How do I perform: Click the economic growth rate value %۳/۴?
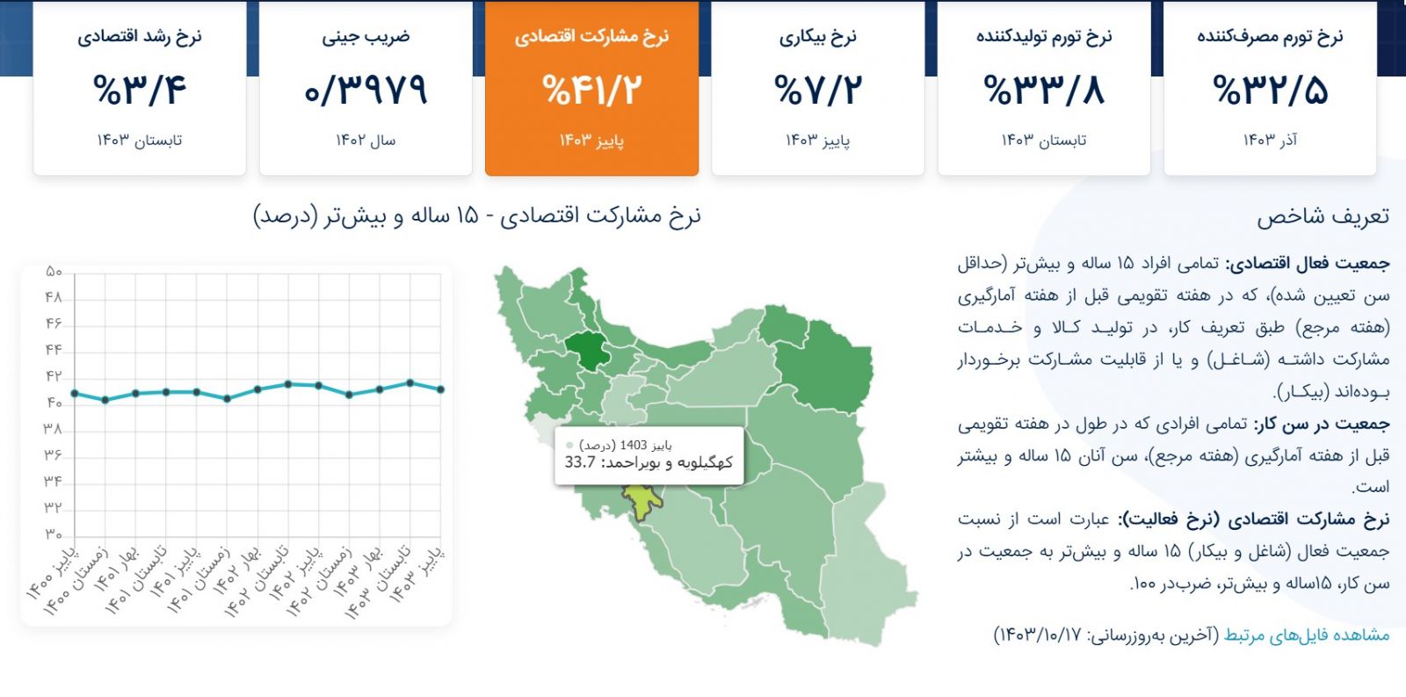(x=140, y=89)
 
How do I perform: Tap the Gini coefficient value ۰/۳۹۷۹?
(x=366, y=89)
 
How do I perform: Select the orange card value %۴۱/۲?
(x=592, y=89)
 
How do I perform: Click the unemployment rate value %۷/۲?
(x=818, y=89)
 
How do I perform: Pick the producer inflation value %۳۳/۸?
(x=1044, y=89)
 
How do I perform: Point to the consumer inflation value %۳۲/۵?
(x=1271, y=89)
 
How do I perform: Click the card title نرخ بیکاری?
(x=818, y=37)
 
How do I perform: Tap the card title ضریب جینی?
(x=366, y=37)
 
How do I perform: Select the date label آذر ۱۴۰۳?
(x=1271, y=140)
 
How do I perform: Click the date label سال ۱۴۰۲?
(x=366, y=140)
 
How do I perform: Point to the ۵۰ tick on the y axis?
(x=54, y=272)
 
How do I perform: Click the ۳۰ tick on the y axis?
(x=54, y=534)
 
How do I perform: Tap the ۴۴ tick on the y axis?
(x=54, y=350)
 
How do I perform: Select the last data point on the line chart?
(x=441, y=389)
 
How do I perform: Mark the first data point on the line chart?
(x=75, y=394)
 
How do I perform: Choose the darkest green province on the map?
(x=588, y=351)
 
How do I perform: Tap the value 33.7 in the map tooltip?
(x=580, y=463)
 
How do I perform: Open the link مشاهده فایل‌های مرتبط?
(x=1307, y=635)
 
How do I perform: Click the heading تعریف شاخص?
(x=1323, y=216)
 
